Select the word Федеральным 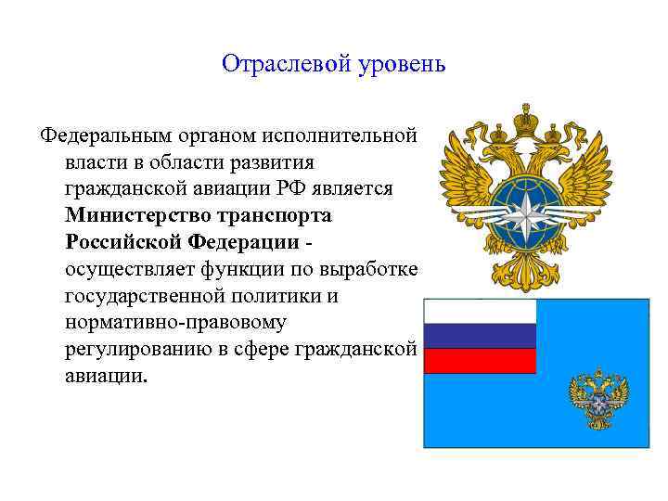[98, 136]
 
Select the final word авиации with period [106, 378]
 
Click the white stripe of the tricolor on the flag [480, 311]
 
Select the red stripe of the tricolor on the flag [480, 360]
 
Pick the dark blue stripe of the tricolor [480, 336]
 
